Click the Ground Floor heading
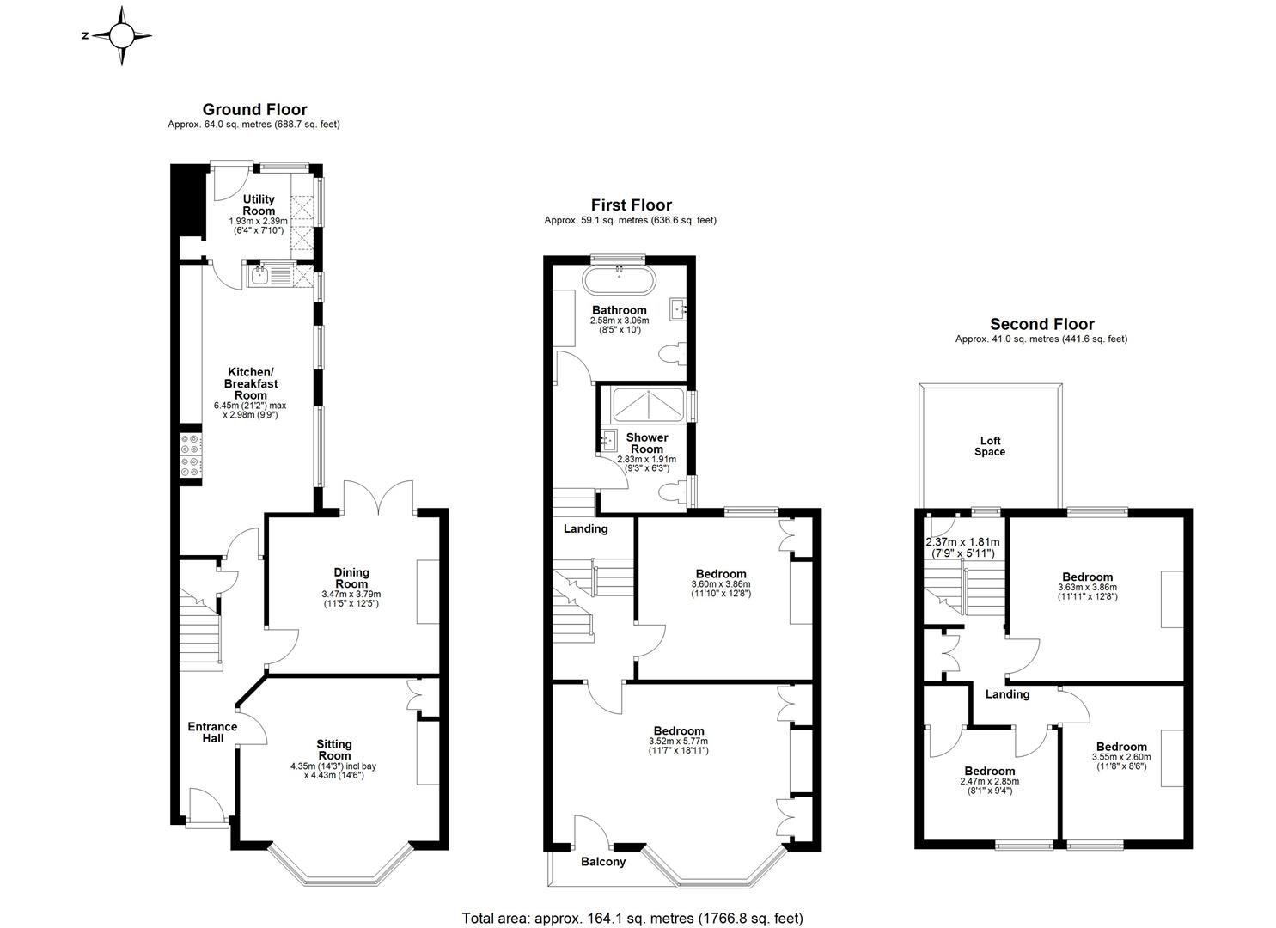click(254, 109)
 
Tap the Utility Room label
click(259, 205)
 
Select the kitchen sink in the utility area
click(260, 276)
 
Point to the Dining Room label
click(351, 577)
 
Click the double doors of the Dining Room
click(379, 498)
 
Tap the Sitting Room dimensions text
click(334, 771)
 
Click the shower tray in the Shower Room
click(646, 402)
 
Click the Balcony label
click(603, 862)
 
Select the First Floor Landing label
click(585, 528)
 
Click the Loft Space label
click(989, 446)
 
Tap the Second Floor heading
click(1041, 324)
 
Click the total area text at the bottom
click(632, 918)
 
